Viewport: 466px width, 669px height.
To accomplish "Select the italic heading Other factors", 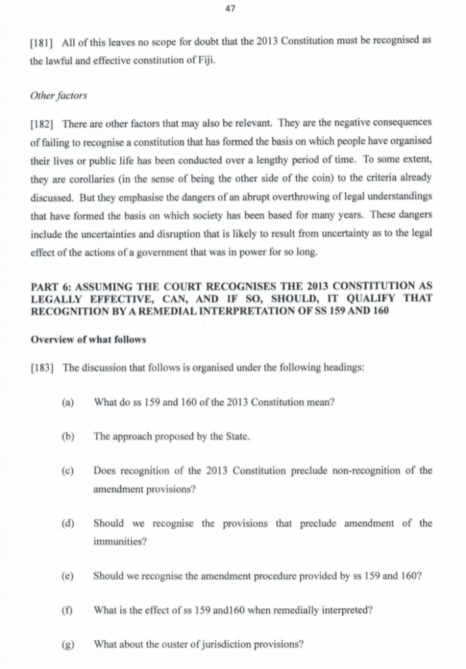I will click(x=58, y=96).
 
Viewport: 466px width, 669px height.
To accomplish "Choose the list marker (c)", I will click(x=67, y=470).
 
